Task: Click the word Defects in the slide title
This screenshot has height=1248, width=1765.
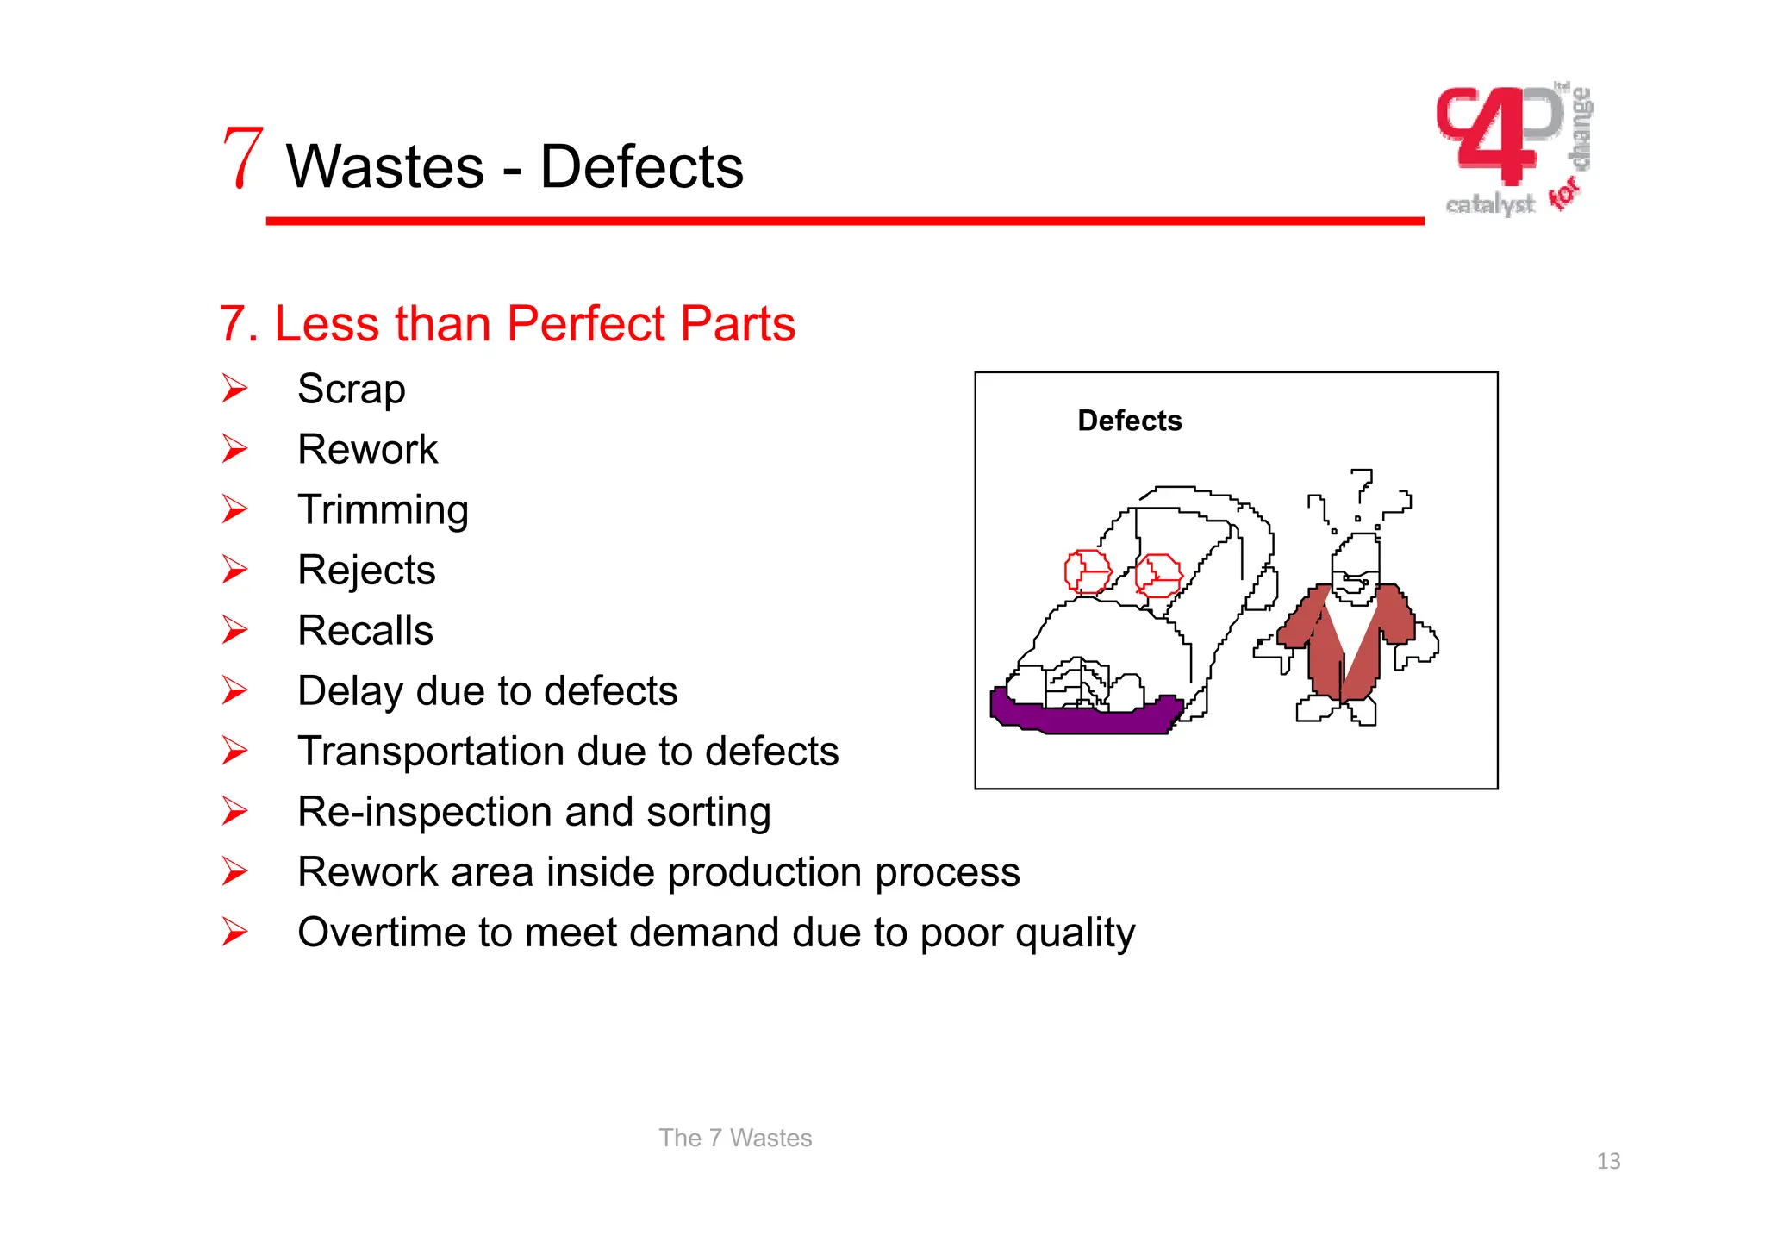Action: coord(641,167)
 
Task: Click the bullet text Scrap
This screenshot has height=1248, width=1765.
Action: coord(351,390)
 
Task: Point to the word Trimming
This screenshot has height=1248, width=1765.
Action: coord(383,510)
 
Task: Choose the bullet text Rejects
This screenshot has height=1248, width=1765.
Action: coord(366,571)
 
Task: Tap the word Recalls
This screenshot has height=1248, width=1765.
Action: coord(365,631)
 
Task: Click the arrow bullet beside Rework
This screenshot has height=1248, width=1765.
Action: coord(234,449)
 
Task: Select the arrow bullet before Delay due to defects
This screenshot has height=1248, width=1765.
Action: coord(234,690)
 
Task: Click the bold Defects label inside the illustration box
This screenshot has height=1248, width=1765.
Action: coord(1129,421)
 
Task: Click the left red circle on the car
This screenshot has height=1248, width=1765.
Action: coord(1087,571)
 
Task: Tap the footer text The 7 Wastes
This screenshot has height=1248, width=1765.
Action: coord(735,1138)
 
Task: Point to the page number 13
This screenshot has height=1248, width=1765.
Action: coord(1608,1161)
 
